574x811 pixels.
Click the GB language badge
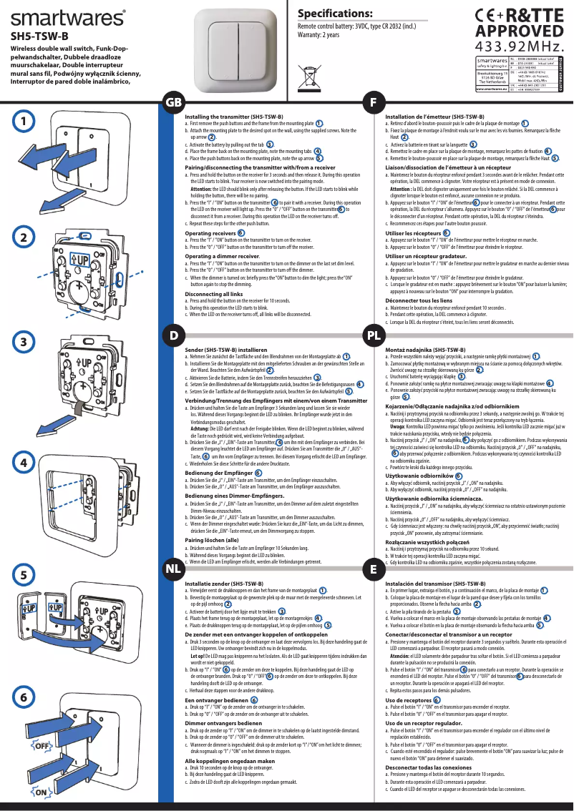pyautogui.click(x=174, y=102)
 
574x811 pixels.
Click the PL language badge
pyautogui.click(x=373, y=335)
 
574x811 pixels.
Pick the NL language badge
pyautogui.click(x=173, y=569)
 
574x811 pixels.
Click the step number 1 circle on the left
pyautogui.click(x=24, y=122)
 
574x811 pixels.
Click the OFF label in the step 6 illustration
pyautogui.click(x=42, y=745)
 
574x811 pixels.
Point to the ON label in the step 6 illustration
pyautogui.click(x=42, y=793)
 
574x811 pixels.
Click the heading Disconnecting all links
pyautogui.click(x=213, y=294)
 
